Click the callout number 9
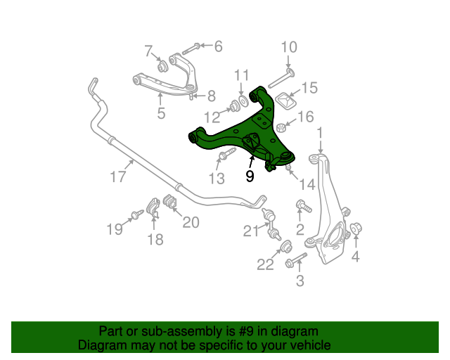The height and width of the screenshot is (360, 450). [x=250, y=177]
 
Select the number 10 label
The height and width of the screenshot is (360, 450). [x=289, y=47]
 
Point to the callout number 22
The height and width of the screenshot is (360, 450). [x=265, y=264]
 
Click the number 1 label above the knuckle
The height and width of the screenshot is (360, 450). [x=320, y=132]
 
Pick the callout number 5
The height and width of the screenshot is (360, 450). [x=161, y=112]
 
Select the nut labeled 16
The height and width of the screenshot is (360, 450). [x=281, y=128]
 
